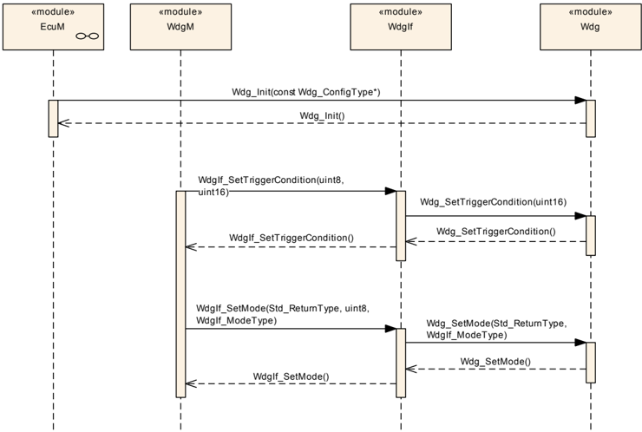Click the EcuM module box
click(53, 27)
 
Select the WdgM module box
click(180, 27)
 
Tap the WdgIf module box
click(401, 27)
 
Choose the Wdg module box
click(591, 27)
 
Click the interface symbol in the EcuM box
click(88, 36)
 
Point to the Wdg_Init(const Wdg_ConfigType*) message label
click(306, 92)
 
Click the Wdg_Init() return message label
click(322, 115)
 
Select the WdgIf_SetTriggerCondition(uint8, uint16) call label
click(271, 186)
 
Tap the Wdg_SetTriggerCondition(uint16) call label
click(494, 202)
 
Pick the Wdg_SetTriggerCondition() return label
click(496, 232)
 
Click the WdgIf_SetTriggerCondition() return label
click(292, 238)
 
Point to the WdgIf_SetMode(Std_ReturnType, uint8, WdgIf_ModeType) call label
click(283, 314)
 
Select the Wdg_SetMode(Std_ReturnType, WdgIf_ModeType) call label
click(496, 330)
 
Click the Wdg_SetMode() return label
click(495, 362)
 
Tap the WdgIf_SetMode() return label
click(292, 376)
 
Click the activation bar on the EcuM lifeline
click(53, 118)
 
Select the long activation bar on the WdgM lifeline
click(180, 294)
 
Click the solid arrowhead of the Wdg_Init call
click(580, 101)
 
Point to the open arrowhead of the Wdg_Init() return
click(64, 123)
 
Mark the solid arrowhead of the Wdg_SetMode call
click(580, 343)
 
